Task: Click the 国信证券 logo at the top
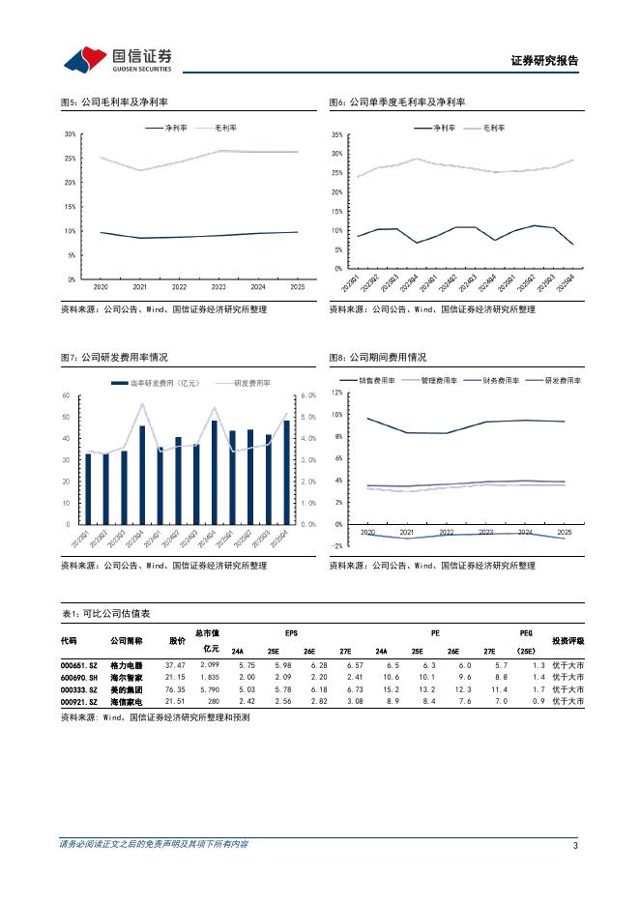click(117, 59)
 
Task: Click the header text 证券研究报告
click(543, 61)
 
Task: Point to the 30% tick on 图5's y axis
click(70, 134)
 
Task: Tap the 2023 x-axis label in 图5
click(218, 287)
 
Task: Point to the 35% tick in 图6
click(336, 134)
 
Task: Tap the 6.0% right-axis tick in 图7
click(308, 395)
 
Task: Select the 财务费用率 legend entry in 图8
click(487, 380)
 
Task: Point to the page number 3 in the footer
click(575, 845)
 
